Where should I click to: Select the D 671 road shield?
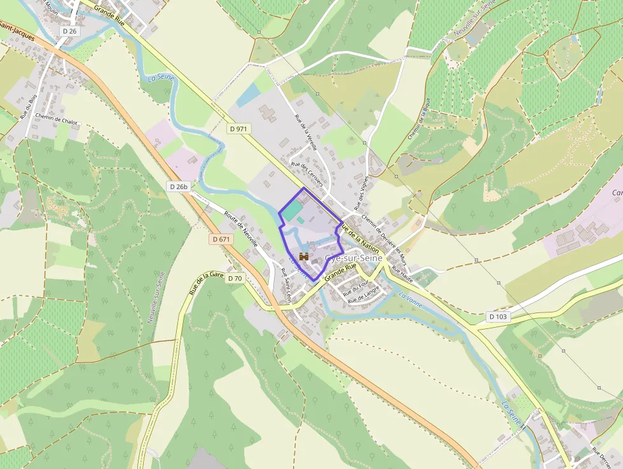click(x=220, y=239)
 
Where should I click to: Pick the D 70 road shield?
click(x=235, y=278)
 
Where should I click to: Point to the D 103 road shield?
click(x=499, y=316)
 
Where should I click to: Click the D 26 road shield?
click(x=69, y=31)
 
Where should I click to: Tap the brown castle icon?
click(x=304, y=257)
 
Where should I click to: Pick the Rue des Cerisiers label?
click(x=307, y=173)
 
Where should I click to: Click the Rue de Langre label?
click(x=363, y=295)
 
